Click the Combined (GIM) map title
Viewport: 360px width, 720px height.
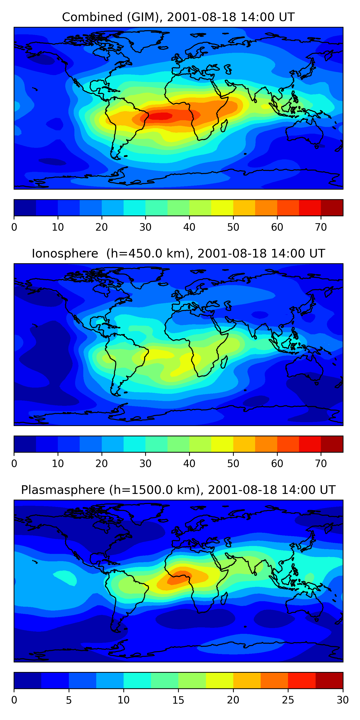pos(178,17)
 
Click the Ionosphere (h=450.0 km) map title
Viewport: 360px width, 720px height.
pos(178,253)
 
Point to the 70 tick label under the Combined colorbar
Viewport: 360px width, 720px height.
pos(321,227)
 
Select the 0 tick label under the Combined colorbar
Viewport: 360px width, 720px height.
pos(14,227)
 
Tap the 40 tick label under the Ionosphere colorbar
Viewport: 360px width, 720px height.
pos(189,464)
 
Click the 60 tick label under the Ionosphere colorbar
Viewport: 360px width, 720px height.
pos(277,464)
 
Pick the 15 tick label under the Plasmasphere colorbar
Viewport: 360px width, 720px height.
pos(178,700)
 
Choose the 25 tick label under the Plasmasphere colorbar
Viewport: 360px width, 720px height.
pos(288,700)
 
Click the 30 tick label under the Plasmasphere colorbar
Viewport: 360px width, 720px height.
pos(343,700)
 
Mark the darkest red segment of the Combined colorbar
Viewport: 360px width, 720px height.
pos(332,208)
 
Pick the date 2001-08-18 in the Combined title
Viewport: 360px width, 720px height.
pos(202,17)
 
